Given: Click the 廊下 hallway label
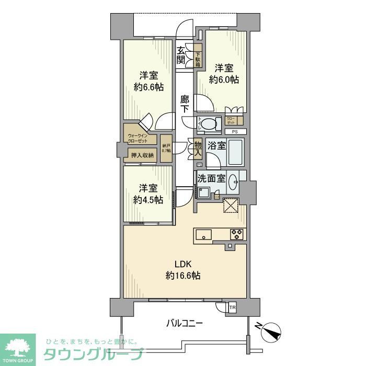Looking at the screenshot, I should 185,104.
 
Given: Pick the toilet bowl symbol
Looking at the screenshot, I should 210,124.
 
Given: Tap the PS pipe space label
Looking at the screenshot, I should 235,131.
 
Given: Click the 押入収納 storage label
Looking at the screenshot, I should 142,155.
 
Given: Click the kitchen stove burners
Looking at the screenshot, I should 237,235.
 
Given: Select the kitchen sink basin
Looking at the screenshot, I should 203,235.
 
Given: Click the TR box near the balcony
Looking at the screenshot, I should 232,308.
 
